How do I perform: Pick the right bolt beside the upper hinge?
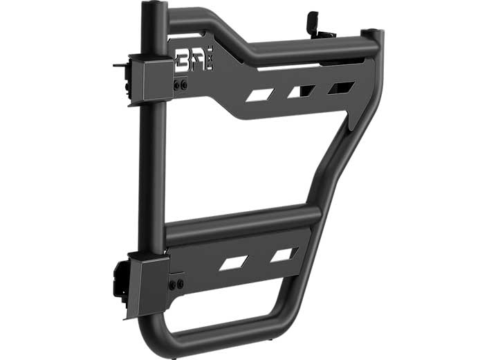(183, 84)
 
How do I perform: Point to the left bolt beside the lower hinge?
(174, 285)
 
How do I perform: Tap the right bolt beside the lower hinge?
(181, 285)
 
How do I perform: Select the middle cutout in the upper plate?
(302, 91)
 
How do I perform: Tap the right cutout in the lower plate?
(284, 254)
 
